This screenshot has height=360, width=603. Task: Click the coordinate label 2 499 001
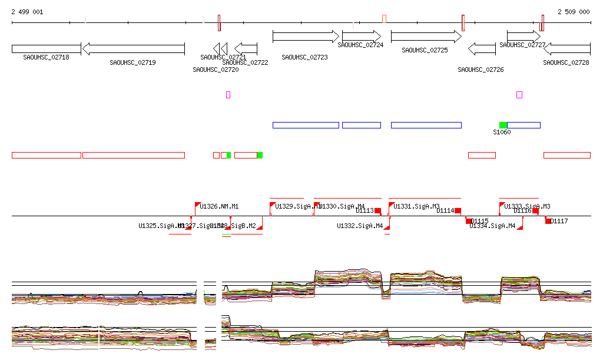click(x=27, y=12)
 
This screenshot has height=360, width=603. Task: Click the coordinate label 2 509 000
click(x=574, y=12)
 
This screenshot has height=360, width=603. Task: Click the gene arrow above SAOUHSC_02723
click(x=306, y=37)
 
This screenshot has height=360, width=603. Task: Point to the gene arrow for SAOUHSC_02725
click(x=425, y=37)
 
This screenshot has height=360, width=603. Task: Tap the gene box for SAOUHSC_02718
click(x=46, y=49)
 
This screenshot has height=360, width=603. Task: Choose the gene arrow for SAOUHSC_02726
click(x=482, y=49)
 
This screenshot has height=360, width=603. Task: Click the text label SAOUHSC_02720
click(x=216, y=70)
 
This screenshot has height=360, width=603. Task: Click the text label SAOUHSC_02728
click(x=566, y=62)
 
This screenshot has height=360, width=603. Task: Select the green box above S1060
click(x=503, y=125)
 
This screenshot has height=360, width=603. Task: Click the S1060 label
click(x=502, y=132)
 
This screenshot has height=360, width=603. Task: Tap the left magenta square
click(x=228, y=94)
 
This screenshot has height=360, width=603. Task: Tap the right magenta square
click(x=519, y=94)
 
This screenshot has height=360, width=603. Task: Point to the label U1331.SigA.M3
click(x=417, y=207)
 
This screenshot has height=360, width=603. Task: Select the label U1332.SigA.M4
click(x=360, y=226)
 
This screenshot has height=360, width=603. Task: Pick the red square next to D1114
click(x=458, y=211)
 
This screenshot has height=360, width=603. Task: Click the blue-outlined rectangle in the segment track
click(x=362, y=125)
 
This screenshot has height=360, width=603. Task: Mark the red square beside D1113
click(x=377, y=211)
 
